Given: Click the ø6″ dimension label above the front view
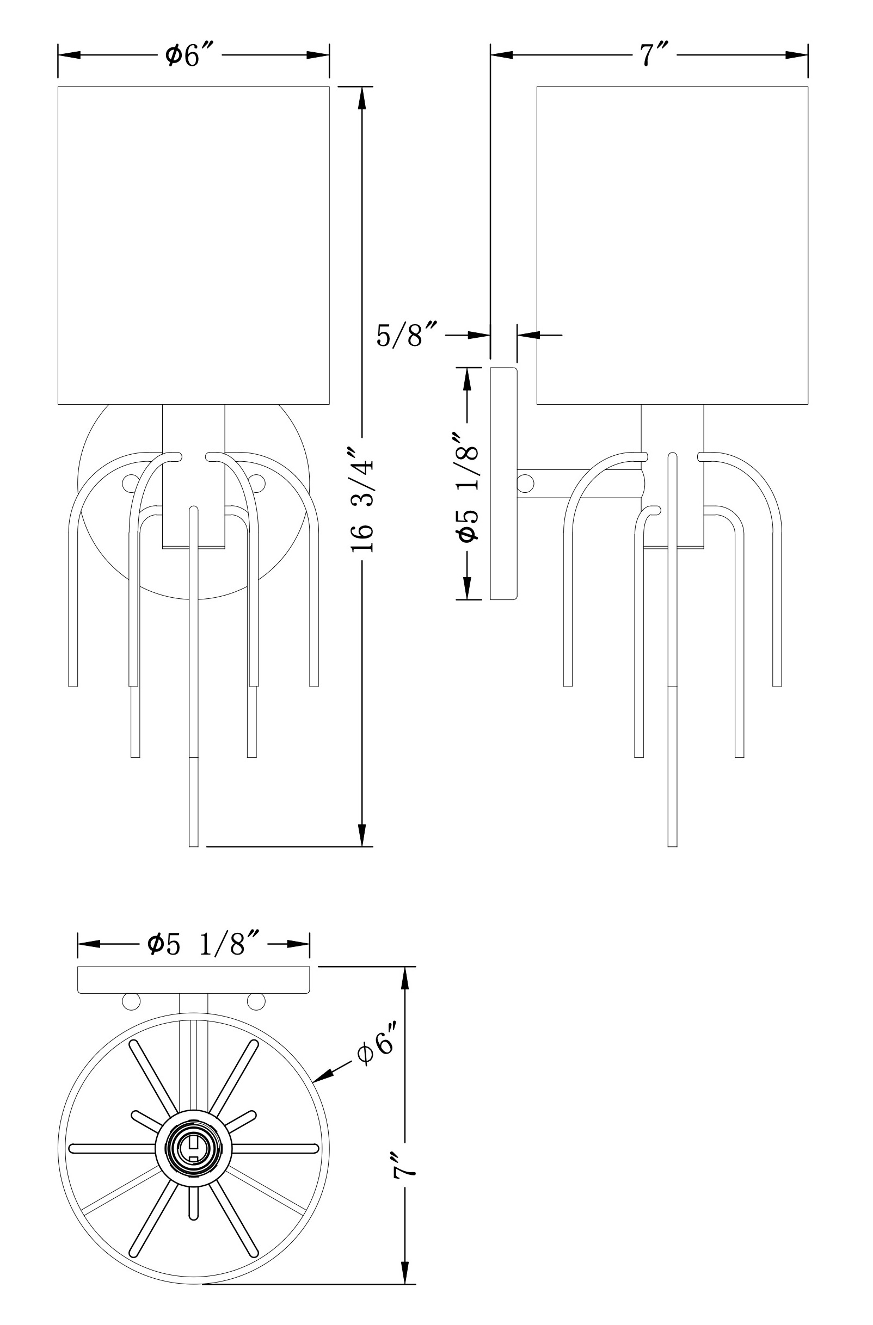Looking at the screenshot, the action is coord(190,55).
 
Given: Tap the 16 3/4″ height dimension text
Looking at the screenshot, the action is coord(362,498).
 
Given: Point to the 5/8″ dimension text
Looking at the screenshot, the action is coord(408,335).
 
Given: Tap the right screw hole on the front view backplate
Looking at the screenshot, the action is coord(256,482).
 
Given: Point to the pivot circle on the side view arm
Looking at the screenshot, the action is coord(525,482).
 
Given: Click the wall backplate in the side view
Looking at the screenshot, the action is coord(503,483).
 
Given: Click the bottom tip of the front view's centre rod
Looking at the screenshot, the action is coord(193,846).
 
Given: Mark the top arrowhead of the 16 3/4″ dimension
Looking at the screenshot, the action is coord(362,98).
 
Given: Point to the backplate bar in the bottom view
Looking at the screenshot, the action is coord(193,980).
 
